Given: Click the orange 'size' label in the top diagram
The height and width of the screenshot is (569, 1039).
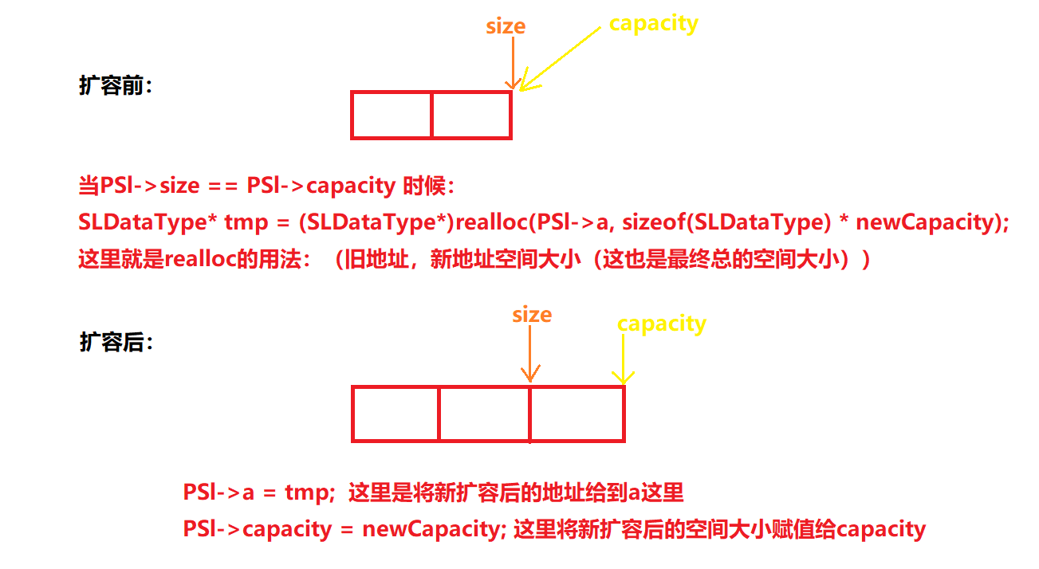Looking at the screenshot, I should pos(506,26).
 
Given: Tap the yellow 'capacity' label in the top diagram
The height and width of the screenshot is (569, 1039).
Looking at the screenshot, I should pos(653,23).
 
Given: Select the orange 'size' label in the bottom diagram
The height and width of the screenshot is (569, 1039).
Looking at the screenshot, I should pos(532,315).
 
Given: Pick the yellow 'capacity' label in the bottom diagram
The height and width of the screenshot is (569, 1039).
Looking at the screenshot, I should pos(662,324).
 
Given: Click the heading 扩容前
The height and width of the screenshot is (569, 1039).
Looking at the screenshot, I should pos(116,86).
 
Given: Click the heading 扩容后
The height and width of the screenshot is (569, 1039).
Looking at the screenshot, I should pos(116,342).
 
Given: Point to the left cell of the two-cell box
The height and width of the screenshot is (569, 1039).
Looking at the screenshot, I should pos(391,116).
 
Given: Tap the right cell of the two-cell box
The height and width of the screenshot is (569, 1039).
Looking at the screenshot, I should pos(471,116).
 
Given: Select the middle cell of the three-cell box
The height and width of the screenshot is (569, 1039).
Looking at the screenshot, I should pos(484,414).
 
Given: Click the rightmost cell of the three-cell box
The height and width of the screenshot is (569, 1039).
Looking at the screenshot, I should pos(577,414).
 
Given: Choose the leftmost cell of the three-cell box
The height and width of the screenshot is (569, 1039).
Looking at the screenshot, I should pos(396,414).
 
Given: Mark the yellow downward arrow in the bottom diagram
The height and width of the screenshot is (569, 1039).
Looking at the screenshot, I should pos(623,359).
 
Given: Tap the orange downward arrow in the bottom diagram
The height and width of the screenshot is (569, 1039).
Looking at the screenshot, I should pos(529,354).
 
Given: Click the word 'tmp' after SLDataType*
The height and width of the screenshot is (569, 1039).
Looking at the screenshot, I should pos(246,222).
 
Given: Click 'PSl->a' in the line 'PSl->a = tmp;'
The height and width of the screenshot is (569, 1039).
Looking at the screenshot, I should pos(218,492).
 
